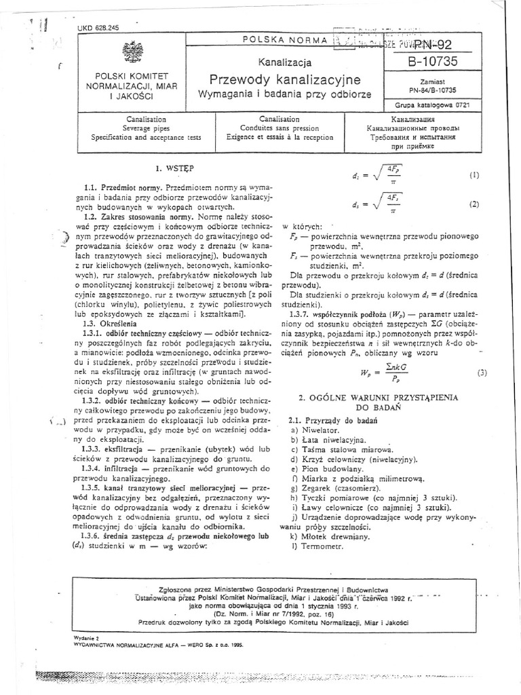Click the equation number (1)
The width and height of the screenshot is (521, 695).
(474, 174)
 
